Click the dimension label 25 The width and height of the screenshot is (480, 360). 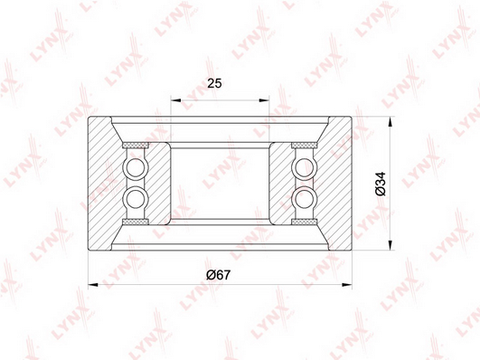point(214,83)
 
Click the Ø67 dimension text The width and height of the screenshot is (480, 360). point(218,274)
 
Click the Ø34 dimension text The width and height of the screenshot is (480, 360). point(381,184)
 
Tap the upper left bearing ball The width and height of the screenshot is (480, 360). point(135,168)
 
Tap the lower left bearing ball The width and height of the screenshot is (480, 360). point(135,198)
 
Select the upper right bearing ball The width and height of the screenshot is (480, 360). point(305,168)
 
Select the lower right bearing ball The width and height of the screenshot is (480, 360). point(305,198)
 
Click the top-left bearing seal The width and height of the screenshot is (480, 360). point(136,145)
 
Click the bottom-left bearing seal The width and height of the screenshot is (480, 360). point(136,222)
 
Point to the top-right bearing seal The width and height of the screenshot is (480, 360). point(304,145)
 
